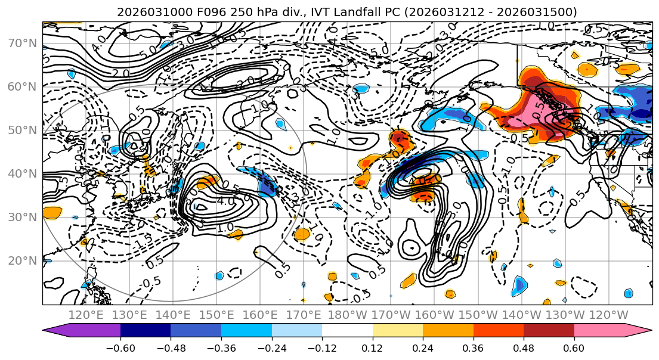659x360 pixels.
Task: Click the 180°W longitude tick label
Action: pos(348,315)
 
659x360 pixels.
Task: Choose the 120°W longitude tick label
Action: pos(609,315)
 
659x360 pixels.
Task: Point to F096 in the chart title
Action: pos(195,12)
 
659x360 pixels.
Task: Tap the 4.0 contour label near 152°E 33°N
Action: pos(225,201)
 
